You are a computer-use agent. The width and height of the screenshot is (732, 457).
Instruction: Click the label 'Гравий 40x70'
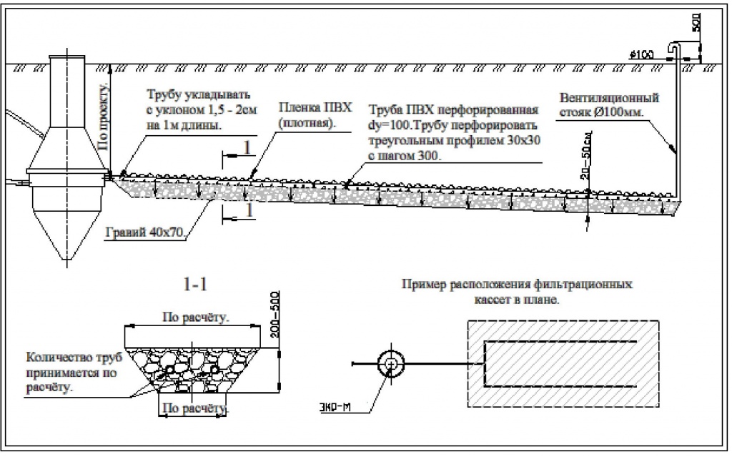145,232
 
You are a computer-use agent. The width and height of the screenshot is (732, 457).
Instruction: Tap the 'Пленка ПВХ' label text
315,107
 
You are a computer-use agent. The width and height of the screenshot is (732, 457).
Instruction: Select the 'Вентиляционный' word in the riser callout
609,98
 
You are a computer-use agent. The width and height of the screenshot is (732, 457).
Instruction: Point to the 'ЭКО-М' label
335,408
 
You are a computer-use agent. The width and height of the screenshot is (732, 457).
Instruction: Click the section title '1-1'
195,285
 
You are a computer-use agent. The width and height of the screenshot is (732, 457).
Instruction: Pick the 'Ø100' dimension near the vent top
641,54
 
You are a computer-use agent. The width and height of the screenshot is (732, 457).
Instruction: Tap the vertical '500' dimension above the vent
695,22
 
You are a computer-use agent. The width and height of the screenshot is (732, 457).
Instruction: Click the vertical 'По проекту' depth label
104,117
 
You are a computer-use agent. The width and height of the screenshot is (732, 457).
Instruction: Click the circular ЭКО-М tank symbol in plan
391,363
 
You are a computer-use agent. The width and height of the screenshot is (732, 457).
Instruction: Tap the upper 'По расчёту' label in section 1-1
196,318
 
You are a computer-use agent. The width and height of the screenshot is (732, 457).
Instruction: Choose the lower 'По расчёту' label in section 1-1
194,408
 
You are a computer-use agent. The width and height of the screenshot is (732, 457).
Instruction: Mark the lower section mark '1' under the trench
249,210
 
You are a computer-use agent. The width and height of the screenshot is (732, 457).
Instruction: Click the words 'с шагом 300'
405,155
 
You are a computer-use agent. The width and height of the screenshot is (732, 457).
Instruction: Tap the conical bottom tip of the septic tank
66,260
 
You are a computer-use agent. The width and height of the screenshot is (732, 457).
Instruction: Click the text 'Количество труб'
74,358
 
